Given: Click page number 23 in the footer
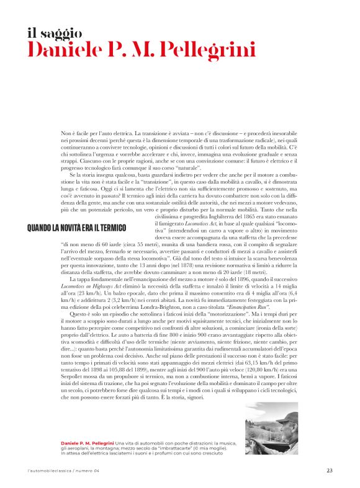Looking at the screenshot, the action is coord(329,469).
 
